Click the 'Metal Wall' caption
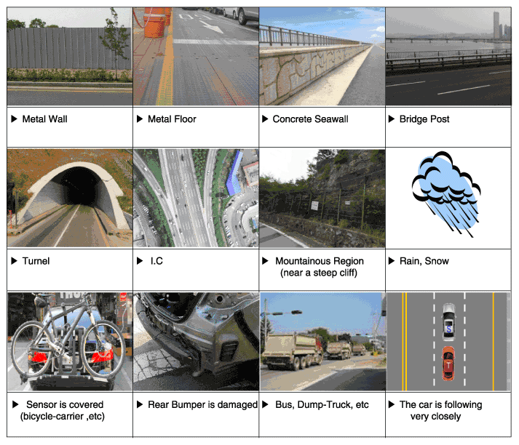tap(44, 119)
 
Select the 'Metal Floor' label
tap(172, 119)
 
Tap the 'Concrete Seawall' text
tap(310, 119)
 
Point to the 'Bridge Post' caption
tap(424, 119)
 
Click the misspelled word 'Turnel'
tap(36, 261)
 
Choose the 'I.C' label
tap(157, 261)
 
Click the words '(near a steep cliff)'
tap(319, 273)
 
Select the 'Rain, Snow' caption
tap(424, 261)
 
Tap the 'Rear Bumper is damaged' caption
tap(202, 405)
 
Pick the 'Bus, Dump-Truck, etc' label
tap(322, 405)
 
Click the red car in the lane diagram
tap(448, 364)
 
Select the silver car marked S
tap(449, 322)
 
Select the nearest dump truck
tap(292, 351)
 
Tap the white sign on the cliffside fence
tap(314, 206)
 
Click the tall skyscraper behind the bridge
tap(496, 25)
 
